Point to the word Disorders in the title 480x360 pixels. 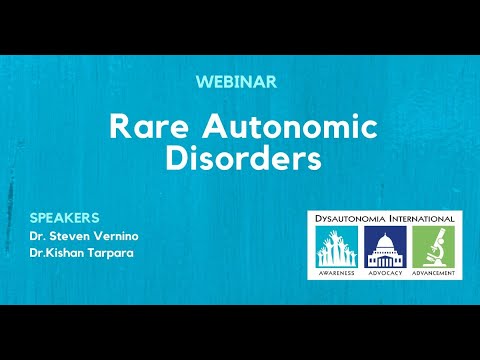click(240, 159)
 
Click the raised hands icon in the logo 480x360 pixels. click(337, 247)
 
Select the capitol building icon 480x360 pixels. click(385, 247)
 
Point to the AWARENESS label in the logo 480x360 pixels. click(337, 273)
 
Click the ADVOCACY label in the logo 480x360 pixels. click(385, 273)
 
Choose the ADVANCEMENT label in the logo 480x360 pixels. click(434, 273)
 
